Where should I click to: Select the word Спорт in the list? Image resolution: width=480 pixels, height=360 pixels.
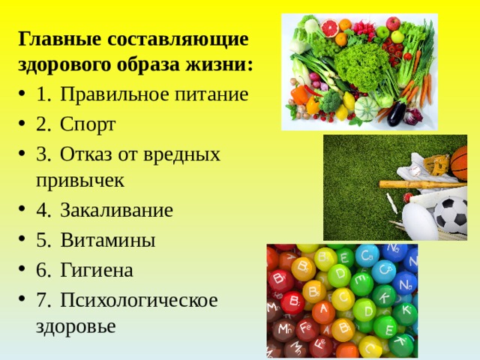click(88, 125)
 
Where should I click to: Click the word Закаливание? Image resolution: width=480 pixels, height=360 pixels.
click(117, 210)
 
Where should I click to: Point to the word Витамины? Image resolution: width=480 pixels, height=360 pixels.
click(108, 240)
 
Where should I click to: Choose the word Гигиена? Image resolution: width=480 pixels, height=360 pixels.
click(97, 270)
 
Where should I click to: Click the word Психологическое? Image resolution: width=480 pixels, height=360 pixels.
click(139, 300)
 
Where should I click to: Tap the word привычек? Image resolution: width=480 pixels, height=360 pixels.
click(80, 181)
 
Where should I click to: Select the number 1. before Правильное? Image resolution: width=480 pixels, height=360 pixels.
click(43, 94)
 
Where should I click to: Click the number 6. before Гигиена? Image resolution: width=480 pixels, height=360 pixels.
click(43, 270)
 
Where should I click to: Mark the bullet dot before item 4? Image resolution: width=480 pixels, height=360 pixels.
click(21, 209)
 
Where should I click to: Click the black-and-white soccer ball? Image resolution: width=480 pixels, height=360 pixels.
click(451, 215)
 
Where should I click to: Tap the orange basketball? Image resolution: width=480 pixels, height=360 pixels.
click(459, 163)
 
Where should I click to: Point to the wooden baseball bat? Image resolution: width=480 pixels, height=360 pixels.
click(423, 184)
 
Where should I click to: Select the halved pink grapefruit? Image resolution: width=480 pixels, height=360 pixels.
click(329, 27)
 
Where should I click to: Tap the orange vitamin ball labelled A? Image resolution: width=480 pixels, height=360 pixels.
click(323, 312)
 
